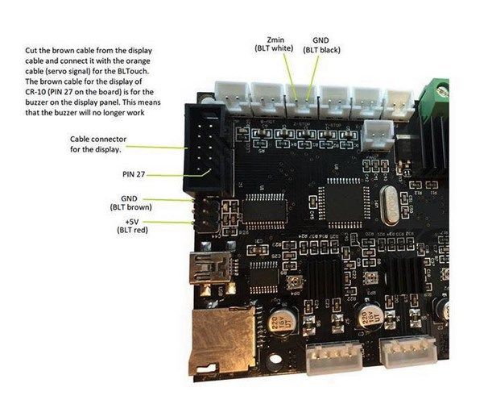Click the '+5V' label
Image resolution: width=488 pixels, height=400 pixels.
tap(133, 220)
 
